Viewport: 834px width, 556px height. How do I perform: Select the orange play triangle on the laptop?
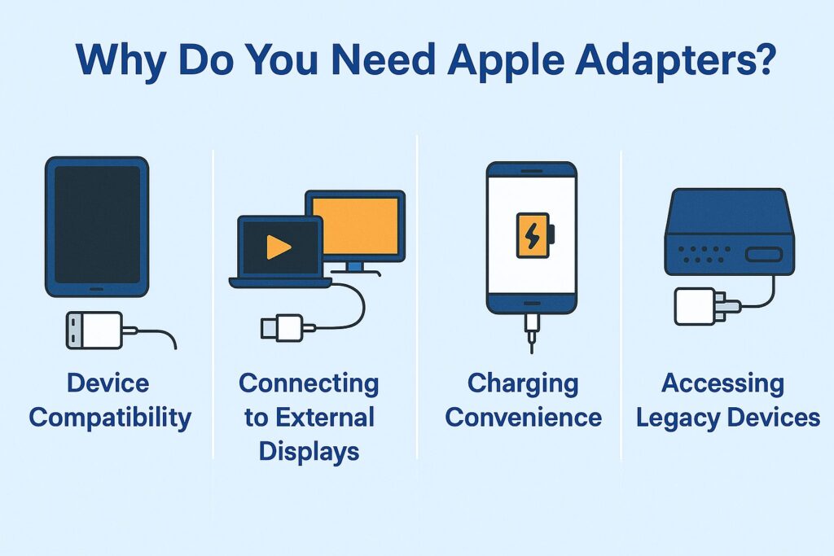point(279,247)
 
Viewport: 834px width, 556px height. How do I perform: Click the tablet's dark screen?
point(98,225)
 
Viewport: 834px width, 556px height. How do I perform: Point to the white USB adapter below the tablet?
point(94,330)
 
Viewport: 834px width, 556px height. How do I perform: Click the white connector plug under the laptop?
point(282,328)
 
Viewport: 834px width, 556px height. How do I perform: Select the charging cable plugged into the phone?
point(531,333)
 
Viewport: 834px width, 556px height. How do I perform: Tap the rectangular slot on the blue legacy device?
point(764,254)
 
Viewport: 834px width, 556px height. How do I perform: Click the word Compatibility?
point(110,418)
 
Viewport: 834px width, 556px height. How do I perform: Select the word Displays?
point(309,453)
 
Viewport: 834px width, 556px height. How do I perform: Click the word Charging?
point(523,384)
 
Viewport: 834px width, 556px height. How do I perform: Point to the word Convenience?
point(524,418)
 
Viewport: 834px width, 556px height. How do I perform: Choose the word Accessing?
point(723,384)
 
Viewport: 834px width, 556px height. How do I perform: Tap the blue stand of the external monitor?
point(355,268)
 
